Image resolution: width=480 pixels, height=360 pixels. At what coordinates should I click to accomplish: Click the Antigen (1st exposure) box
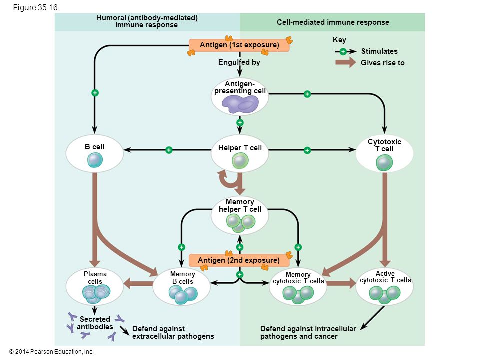pos(239,46)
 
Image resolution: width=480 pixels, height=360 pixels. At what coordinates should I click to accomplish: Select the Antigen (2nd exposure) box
pos(239,261)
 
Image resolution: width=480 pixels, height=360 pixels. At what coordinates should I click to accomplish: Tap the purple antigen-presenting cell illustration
pos(240,103)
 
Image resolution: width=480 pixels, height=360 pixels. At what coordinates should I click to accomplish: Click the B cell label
pos(94,147)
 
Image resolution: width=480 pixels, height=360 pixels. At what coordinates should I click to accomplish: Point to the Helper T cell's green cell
pos(240,161)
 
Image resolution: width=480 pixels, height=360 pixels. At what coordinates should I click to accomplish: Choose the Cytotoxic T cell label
pos(384,145)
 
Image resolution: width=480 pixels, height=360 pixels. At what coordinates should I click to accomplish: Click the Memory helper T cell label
pos(240,206)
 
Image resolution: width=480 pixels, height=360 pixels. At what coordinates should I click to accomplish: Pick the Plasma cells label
pos(95,278)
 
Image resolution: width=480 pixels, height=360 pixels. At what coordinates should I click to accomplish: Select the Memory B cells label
pos(182,278)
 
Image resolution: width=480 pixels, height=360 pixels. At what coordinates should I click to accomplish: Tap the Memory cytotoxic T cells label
pos(298,278)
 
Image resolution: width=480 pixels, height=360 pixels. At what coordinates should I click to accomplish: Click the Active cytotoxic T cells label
pos(385,277)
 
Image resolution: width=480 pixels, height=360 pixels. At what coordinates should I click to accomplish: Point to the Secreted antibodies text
pos(95,323)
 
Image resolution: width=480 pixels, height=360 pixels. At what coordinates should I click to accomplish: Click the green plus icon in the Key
pos(343,52)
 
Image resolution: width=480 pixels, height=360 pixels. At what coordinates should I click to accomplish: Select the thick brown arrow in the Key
pos(345,63)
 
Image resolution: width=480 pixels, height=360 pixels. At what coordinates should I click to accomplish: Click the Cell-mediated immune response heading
pos(333,22)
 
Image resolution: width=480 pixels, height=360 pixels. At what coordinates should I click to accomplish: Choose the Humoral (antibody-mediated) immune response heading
pos(147,21)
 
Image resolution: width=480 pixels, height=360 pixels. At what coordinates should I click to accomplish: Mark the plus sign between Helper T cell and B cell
pos(169,150)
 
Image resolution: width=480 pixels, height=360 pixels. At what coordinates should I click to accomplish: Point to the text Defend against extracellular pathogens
pos(173,332)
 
